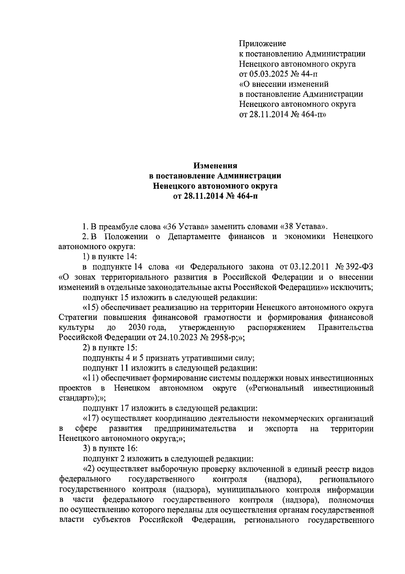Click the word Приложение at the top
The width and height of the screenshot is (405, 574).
(x=262, y=43)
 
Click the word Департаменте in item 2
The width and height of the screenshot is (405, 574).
(x=194, y=236)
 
